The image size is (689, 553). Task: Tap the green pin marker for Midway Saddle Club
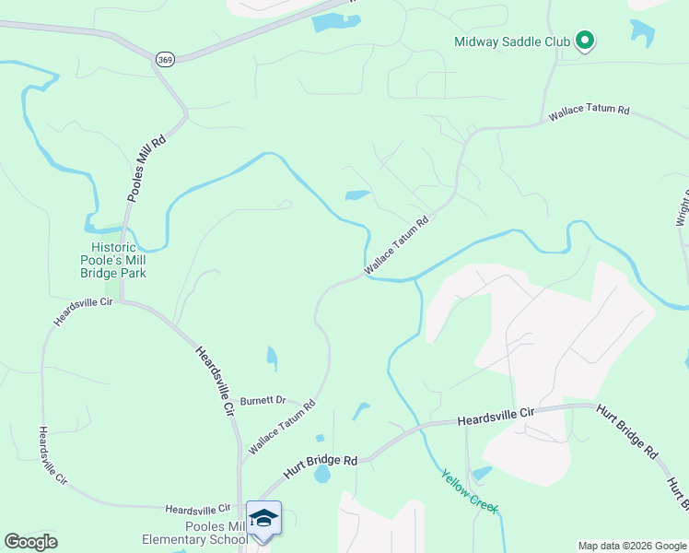pyautogui.click(x=584, y=40)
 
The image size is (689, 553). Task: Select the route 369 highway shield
pyautogui.click(x=165, y=59)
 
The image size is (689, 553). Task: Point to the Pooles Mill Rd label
pyautogui.click(x=146, y=168)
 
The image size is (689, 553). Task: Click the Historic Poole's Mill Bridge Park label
pyautogui.click(x=119, y=260)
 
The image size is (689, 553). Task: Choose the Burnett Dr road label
pyautogui.click(x=263, y=401)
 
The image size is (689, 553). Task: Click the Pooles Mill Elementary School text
pyautogui.click(x=194, y=532)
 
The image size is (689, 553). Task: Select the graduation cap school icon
pyautogui.click(x=263, y=519)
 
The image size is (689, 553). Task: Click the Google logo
pyautogui.click(x=30, y=542)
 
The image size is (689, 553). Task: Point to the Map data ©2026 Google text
pyautogui.click(x=632, y=546)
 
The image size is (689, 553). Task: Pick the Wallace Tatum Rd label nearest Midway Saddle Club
pyautogui.click(x=589, y=112)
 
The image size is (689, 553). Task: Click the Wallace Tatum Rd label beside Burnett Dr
pyautogui.click(x=282, y=427)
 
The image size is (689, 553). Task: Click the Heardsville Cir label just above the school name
pyautogui.click(x=198, y=509)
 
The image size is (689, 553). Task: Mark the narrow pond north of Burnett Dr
pyautogui.click(x=272, y=357)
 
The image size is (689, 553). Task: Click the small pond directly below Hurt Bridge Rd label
pyautogui.click(x=321, y=474)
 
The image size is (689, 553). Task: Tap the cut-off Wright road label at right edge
pyautogui.click(x=683, y=207)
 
